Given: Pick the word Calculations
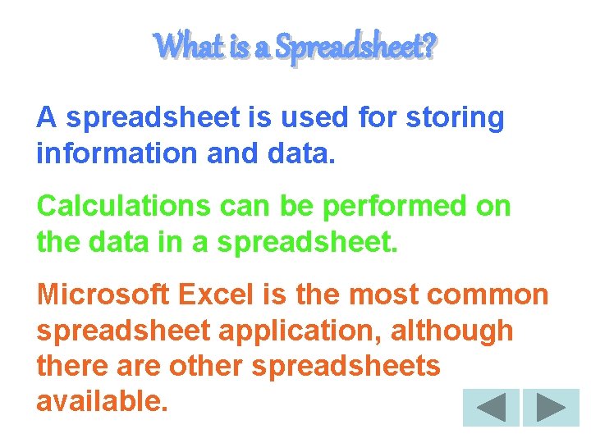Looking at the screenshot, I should coord(123,207).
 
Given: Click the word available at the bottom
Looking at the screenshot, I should coord(101,401).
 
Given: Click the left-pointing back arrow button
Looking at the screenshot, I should coord(491,407).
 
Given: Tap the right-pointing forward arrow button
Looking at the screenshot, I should coord(551,407).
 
